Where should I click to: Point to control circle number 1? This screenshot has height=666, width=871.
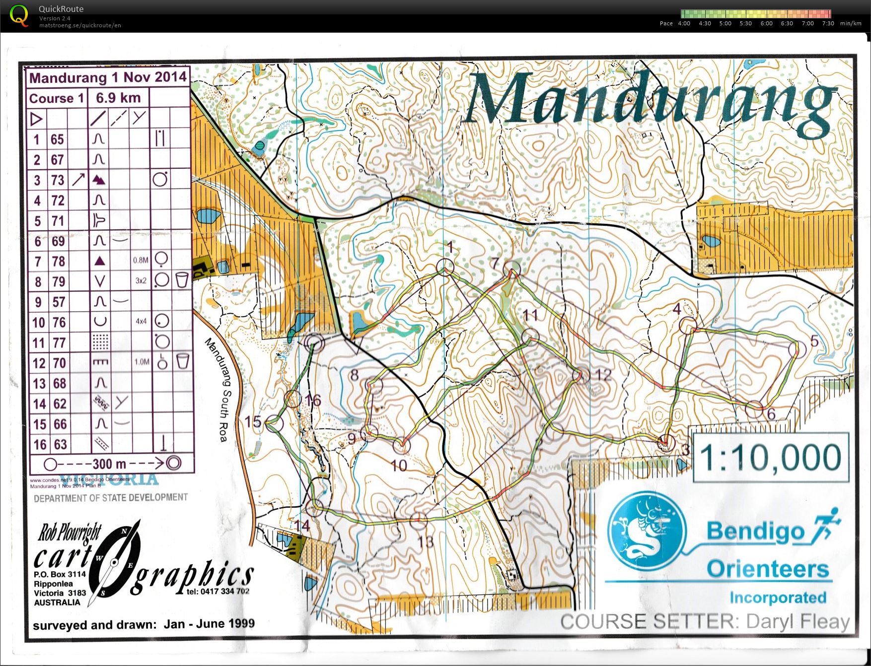click(445, 267)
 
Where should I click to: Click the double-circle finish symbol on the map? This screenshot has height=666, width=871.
click(314, 342)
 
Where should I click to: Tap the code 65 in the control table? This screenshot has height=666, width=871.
click(57, 139)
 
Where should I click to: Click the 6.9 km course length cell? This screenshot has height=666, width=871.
click(118, 98)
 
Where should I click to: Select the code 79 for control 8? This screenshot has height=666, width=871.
click(58, 281)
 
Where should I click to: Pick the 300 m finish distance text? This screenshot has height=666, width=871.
click(109, 464)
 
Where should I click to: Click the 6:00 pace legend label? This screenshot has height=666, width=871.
click(766, 23)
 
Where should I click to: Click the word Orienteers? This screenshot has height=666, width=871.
click(768, 569)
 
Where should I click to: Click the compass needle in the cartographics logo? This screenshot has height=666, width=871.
click(114, 562)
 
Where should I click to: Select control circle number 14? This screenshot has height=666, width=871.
click(314, 508)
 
